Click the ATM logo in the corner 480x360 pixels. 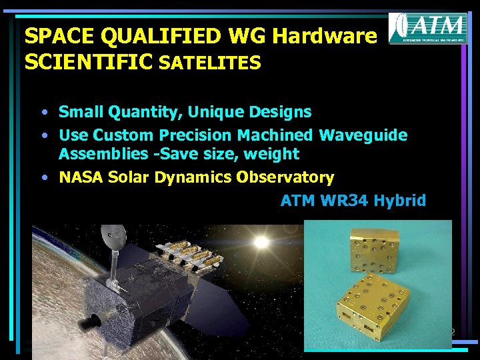point(427,28)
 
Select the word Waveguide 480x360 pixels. point(363,135)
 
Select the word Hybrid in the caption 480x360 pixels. point(399,201)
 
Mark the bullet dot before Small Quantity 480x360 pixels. point(42,112)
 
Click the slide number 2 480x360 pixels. point(452,332)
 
